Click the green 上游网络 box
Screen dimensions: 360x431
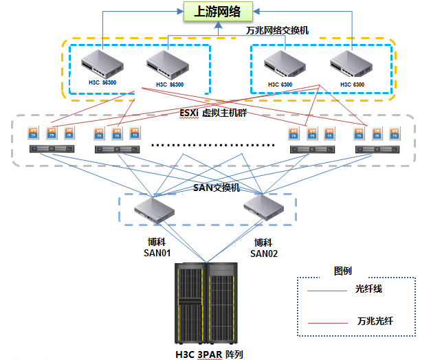point(217,12)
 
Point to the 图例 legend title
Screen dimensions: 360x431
point(342,270)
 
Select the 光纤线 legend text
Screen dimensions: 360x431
point(368,289)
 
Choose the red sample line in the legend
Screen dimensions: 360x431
point(328,322)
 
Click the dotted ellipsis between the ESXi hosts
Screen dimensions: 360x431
point(212,145)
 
